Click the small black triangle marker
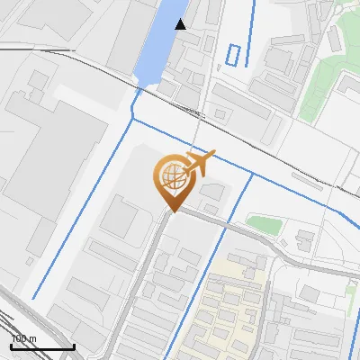[181, 24]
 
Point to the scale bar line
[41, 346]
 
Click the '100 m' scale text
[24, 339]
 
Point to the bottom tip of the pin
[171, 211]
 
